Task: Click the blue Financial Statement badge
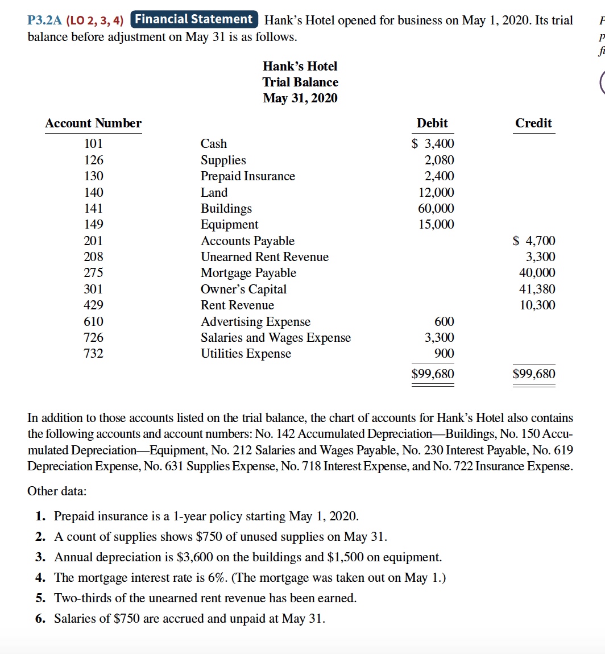[194, 20]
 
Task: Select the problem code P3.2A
[45, 21]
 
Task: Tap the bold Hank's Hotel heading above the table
[300, 67]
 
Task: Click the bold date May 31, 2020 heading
[300, 98]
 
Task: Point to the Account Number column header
[93, 123]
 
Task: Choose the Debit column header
[432, 123]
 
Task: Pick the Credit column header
[533, 123]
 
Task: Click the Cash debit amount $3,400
[433, 144]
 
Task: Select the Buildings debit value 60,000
[437, 208]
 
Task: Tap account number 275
[93, 273]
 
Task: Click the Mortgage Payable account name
[248, 273]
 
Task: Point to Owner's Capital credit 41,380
[537, 289]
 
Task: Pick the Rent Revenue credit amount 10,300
[537, 305]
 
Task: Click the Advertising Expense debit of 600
[444, 322]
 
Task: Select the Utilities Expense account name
[246, 354]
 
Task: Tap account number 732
[93, 354]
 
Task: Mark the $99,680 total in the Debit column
[433, 374]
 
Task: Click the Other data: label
[57, 491]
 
